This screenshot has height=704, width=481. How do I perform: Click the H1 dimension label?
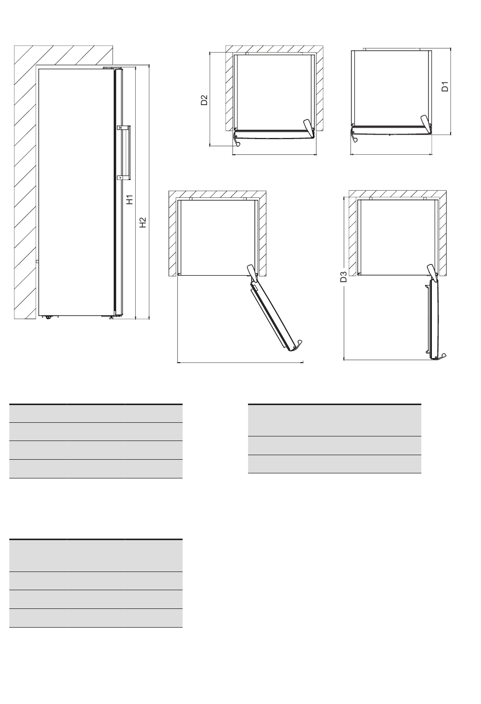tap(130, 200)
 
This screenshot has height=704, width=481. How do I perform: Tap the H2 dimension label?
tap(143, 223)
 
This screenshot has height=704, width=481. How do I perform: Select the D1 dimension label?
tap(445, 86)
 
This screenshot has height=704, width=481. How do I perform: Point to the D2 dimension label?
tap(205, 100)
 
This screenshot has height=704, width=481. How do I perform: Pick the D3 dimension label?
tap(343, 277)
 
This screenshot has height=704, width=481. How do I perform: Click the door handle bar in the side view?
tap(128, 153)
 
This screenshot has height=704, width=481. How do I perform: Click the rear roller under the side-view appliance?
tap(48, 318)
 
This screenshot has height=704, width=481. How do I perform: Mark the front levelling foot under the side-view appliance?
tap(111, 318)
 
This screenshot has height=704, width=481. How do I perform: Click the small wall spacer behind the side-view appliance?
tap(37, 261)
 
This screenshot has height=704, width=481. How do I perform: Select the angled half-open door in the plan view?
tap(273, 314)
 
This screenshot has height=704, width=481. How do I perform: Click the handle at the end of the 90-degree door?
tap(440, 357)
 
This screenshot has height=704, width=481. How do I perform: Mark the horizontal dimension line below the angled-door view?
tap(240, 363)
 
